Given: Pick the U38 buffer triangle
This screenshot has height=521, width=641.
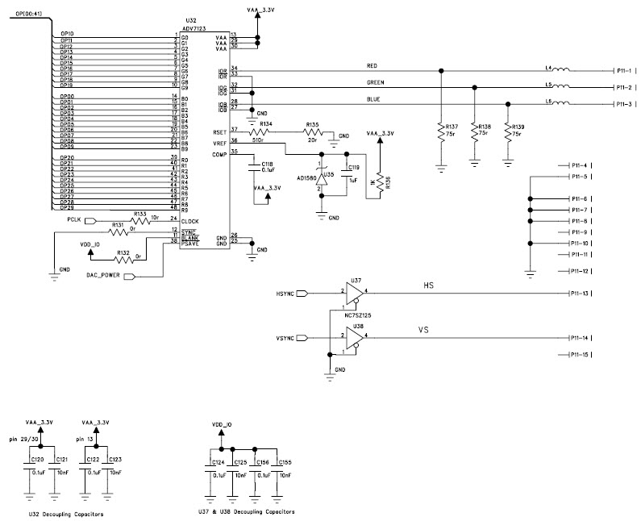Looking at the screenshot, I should (353, 336).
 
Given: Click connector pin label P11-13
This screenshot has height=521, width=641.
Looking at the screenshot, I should (582, 294).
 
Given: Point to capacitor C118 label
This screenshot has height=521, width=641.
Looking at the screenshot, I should (267, 164).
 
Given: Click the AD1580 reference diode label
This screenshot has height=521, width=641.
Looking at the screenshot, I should (307, 177).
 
